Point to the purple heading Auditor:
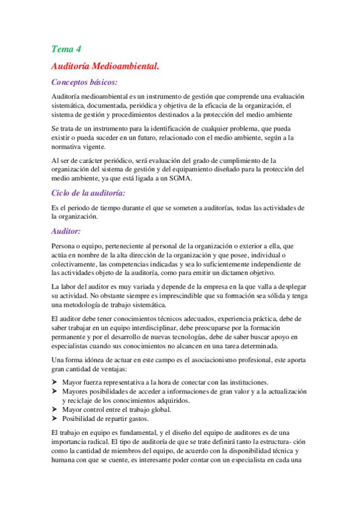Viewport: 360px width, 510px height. [66, 231]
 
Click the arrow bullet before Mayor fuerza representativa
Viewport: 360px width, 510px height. [55, 383]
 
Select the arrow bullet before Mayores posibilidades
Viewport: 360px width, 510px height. [55, 392]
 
